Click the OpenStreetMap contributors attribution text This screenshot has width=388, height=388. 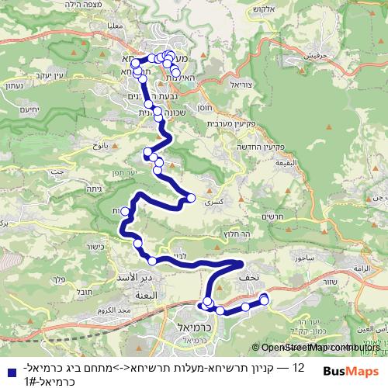(x=315, y=348)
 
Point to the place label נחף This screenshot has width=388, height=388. (x=250, y=275)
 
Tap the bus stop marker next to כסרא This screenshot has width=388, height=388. (x=190, y=199)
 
